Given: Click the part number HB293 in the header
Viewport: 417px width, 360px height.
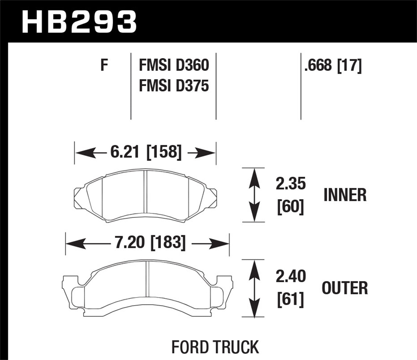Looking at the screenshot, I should (x=79, y=22).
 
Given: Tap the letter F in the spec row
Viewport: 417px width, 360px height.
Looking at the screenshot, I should (x=104, y=65).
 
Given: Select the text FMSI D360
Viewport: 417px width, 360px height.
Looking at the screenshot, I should (x=174, y=65).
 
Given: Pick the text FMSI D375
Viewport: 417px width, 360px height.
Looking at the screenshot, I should (x=174, y=86).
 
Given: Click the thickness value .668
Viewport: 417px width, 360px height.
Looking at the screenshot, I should (x=318, y=66).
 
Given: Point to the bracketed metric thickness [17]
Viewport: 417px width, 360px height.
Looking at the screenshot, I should (x=349, y=66).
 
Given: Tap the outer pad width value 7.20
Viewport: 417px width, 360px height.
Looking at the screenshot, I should (x=130, y=242).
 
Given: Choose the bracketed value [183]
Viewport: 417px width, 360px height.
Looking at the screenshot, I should (x=168, y=242).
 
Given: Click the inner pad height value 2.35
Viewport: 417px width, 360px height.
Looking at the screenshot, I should (x=291, y=184).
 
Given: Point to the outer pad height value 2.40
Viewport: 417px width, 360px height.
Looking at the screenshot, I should (x=291, y=276).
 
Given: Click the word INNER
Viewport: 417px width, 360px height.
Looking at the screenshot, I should (x=345, y=195).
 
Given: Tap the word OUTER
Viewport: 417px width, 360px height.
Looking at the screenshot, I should (x=345, y=288).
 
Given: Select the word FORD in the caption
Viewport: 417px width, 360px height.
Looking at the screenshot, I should (x=191, y=347).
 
